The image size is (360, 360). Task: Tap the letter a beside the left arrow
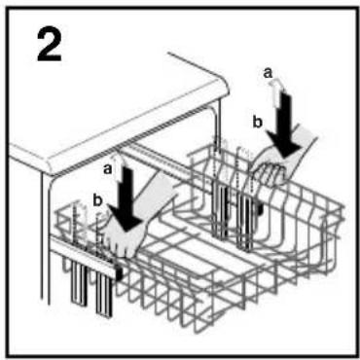[x=108, y=169]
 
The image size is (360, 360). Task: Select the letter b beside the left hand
[x=97, y=200]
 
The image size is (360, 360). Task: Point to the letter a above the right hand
[x=268, y=73]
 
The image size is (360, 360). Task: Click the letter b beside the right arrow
[x=257, y=123]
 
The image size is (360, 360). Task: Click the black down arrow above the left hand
[x=126, y=198]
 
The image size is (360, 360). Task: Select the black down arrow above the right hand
[x=284, y=125]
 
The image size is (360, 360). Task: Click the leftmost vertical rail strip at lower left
[x=78, y=285]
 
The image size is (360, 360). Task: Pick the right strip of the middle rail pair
[x=244, y=221]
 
